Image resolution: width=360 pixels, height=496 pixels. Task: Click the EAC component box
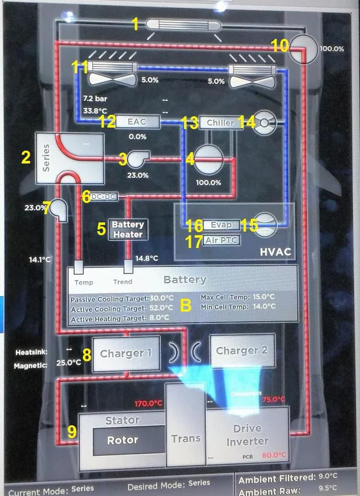point(137,121)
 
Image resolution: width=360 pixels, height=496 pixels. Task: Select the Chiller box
point(220,123)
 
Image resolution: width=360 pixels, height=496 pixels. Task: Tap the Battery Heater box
point(128,229)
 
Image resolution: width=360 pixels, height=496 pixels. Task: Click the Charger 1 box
point(126,354)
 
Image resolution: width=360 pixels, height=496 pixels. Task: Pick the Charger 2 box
point(242,350)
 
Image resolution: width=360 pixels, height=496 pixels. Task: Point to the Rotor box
point(123,440)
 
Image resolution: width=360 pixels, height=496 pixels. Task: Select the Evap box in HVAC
point(222,225)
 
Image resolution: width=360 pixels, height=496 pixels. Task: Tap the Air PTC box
point(222,240)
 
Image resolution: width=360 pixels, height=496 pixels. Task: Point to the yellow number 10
point(280,44)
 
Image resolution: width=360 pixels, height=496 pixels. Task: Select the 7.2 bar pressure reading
point(94,98)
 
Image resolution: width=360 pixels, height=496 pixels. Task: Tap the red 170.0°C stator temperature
point(148,403)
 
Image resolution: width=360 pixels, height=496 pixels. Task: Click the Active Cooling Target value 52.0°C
point(161,308)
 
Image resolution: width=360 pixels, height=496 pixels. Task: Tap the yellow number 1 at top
point(134,24)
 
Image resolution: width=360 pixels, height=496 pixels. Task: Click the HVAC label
point(276,251)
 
